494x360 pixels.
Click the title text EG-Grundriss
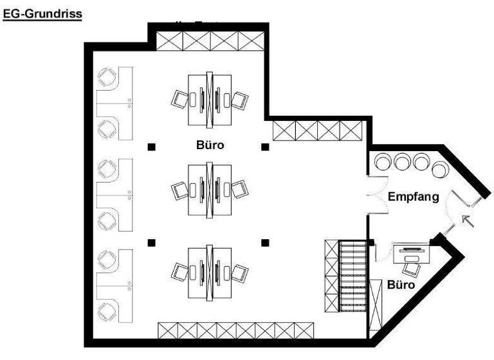pyautogui.click(x=42, y=13)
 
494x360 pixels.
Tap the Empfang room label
pyautogui.click(x=413, y=197)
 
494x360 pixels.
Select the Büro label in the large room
pyautogui.click(x=210, y=145)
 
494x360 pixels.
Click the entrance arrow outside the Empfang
pyautogui.click(x=468, y=222)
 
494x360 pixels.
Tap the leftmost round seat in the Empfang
pyautogui.click(x=383, y=161)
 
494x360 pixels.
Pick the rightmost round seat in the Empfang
pyautogui.click(x=441, y=170)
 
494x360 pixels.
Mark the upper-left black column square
pyautogui.click(x=151, y=147)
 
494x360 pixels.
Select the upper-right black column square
pyautogui.click(x=265, y=147)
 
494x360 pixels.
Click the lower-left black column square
pyautogui.click(x=151, y=242)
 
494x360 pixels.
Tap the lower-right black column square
pyautogui.click(x=265, y=242)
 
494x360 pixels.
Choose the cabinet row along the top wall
pyautogui.click(x=209, y=42)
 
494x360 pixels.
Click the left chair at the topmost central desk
pyautogui.click(x=179, y=100)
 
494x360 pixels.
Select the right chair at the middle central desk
pyautogui.click(x=239, y=189)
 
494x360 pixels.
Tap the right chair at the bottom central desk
pyautogui.click(x=239, y=273)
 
